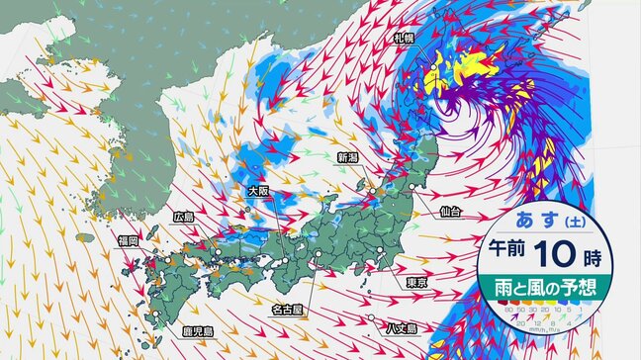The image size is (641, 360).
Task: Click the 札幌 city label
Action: pyautogui.click(x=403, y=39)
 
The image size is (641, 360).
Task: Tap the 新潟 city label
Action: pyautogui.click(x=347, y=156)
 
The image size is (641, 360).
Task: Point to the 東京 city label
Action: pyautogui.click(x=416, y=284)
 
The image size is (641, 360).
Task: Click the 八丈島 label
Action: pyautogui.click(x=403, y=328)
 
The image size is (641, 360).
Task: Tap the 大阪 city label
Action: pyautogui.click(x=258, y=190)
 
